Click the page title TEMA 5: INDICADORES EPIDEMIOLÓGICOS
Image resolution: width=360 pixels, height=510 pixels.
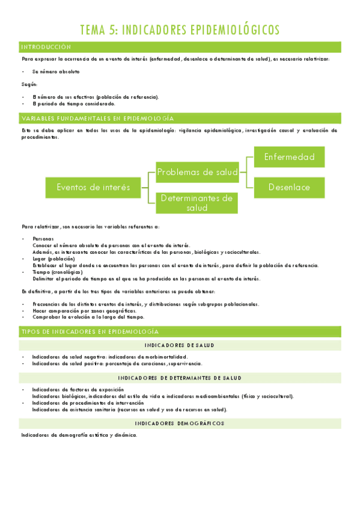(180, 29)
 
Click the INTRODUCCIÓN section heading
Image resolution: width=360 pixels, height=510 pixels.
(46, 47)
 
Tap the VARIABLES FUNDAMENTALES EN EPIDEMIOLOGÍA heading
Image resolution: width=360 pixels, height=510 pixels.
(97, 118)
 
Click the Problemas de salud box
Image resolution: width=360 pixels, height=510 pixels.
(197, 173)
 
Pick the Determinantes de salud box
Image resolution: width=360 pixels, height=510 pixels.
(197, 203)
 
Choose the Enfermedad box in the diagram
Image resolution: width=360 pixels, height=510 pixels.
(289, 157)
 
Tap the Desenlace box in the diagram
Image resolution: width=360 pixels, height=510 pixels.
(289, 187)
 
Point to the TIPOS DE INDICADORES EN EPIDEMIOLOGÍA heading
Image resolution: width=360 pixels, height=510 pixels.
(90, 331)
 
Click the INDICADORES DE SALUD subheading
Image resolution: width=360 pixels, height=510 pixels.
(180, 345)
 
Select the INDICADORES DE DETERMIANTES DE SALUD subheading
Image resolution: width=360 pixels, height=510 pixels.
(180, 378)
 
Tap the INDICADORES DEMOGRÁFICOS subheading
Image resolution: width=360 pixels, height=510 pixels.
(180, 423)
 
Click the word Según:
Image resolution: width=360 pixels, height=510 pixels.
(28, 84)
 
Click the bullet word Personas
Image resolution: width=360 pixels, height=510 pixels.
(43, 239)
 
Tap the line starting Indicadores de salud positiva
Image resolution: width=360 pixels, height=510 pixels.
(117, 363)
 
